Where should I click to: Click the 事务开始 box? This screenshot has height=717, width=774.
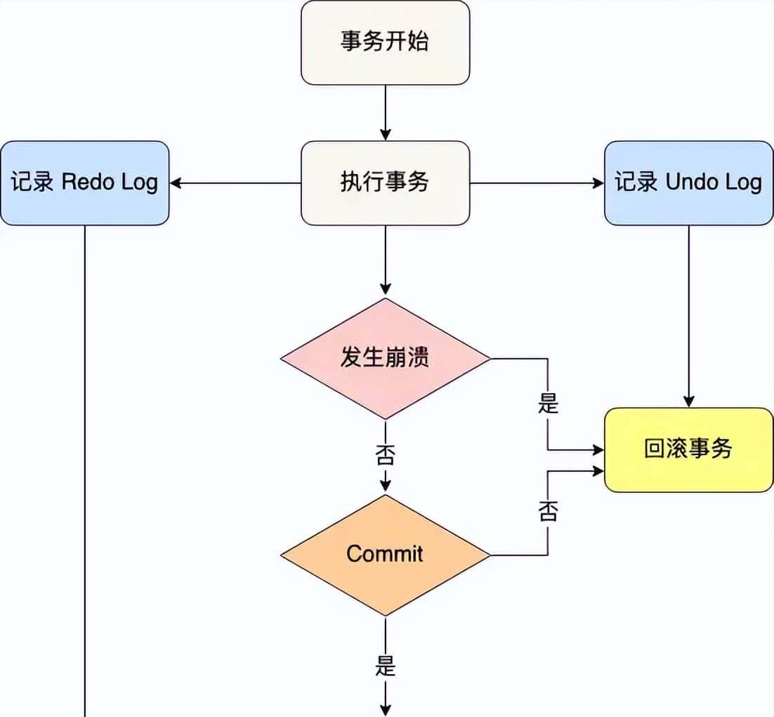coord(385,43)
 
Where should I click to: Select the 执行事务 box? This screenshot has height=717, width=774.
coord(385,183)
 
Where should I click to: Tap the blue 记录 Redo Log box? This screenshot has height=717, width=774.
coord(84,183)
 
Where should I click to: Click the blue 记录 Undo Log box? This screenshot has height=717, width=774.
coord(688,183)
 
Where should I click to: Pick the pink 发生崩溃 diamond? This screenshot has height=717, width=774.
coord(385,358)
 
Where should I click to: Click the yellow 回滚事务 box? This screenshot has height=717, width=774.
coord(688,449)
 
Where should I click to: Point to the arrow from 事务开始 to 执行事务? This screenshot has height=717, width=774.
coord(385,112)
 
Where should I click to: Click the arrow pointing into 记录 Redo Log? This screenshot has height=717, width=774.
coord(235,183)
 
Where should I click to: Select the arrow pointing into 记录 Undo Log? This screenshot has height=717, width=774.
coord(537,183)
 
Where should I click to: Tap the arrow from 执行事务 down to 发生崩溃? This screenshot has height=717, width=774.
coord(385,260)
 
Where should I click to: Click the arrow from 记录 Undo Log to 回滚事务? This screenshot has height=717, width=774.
coord(688,316)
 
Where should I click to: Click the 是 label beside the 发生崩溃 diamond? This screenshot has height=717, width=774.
coord(548,403)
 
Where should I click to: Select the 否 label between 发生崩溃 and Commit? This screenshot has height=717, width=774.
coord(385,456)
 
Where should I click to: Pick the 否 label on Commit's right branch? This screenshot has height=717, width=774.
coord(548,511)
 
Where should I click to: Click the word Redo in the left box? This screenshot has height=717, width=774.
coord(89,183)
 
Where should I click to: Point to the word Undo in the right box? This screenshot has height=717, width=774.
coord(690,183)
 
